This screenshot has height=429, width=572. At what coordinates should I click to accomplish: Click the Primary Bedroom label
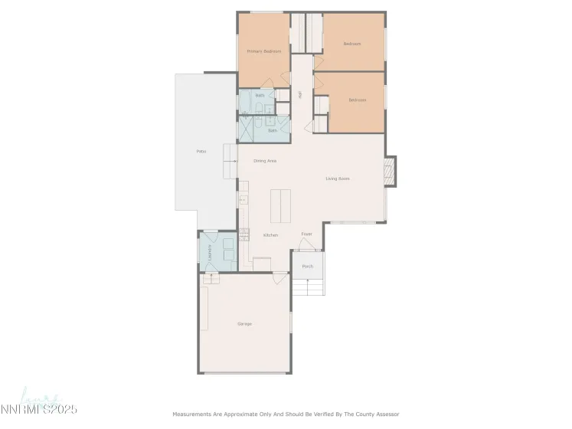pyautogui.click(x=263, y=51)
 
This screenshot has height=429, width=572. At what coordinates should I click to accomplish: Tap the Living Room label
pyautogui.click(x=338, y=178)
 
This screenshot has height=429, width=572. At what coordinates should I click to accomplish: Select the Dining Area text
pyautogui.click(x=265, y=161)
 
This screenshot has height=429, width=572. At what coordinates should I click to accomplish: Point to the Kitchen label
pyautogui.click(x=270, y=235)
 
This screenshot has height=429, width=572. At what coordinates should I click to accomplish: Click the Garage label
pyautogui.click(x=244, y=324)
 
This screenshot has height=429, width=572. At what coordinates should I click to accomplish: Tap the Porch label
pyautogui.click(x=307, y=267)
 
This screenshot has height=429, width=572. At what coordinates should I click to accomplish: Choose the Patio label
pyautogui.click(x=201, y=152)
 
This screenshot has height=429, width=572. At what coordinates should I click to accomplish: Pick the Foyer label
pyautogui.click(x=306, y=234)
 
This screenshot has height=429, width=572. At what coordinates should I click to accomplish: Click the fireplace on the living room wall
pyautogui.click(x=390, y=172)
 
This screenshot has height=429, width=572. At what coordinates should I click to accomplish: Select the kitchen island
pyautogui.click(x=280, y=205)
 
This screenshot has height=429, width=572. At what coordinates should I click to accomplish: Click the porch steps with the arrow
pyautogui.click(x=307, y=287)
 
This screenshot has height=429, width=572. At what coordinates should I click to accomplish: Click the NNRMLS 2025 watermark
pyautogui.click(x=39, y=409)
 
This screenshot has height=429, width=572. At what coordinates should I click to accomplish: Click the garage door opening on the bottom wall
pyautogui.click(x=244, y=373)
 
